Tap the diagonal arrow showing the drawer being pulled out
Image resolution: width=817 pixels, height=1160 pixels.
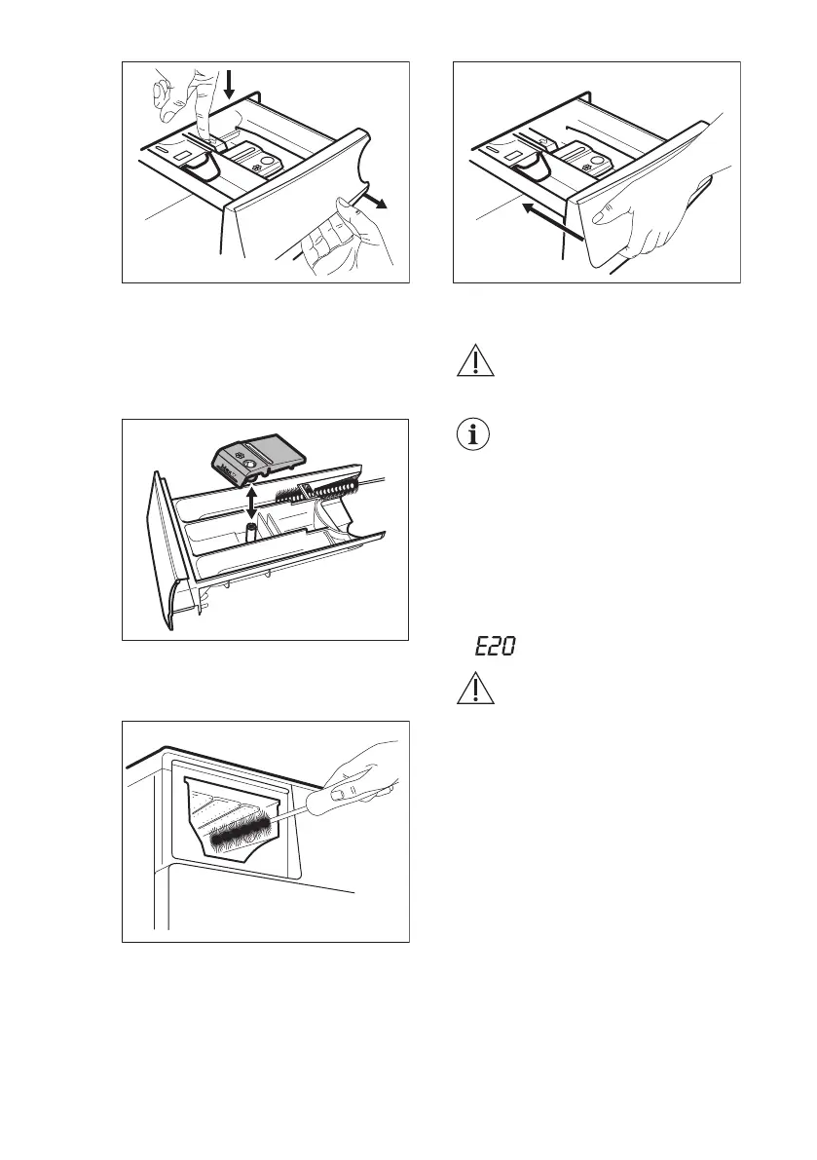coord(374,203)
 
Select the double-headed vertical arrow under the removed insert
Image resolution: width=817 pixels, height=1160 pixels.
coord(251,504)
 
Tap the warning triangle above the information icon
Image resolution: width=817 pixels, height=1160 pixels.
coord(474,363)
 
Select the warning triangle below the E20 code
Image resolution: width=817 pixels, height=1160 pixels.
coord(474,689)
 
